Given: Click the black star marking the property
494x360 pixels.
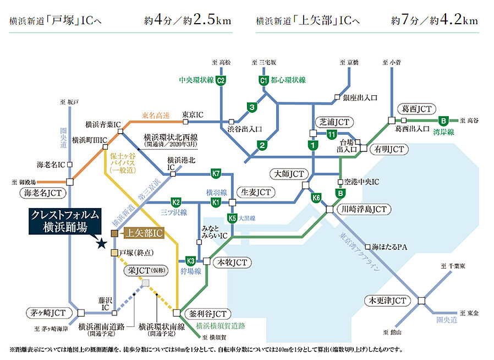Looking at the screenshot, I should pos(101,243).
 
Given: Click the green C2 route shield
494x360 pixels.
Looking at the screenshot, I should pos(221,81).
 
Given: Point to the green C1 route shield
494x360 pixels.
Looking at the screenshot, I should pos(263,81).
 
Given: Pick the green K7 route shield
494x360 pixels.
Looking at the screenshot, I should pos(217,174).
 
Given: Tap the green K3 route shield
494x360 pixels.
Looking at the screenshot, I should pos(191,260).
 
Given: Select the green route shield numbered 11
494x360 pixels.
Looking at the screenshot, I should pos(331,134).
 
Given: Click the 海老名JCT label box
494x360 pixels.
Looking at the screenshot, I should pos(42,193).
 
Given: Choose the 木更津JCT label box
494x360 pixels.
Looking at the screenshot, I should pos(387,301).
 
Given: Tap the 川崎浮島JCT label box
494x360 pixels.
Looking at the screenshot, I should pos(364,209).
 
